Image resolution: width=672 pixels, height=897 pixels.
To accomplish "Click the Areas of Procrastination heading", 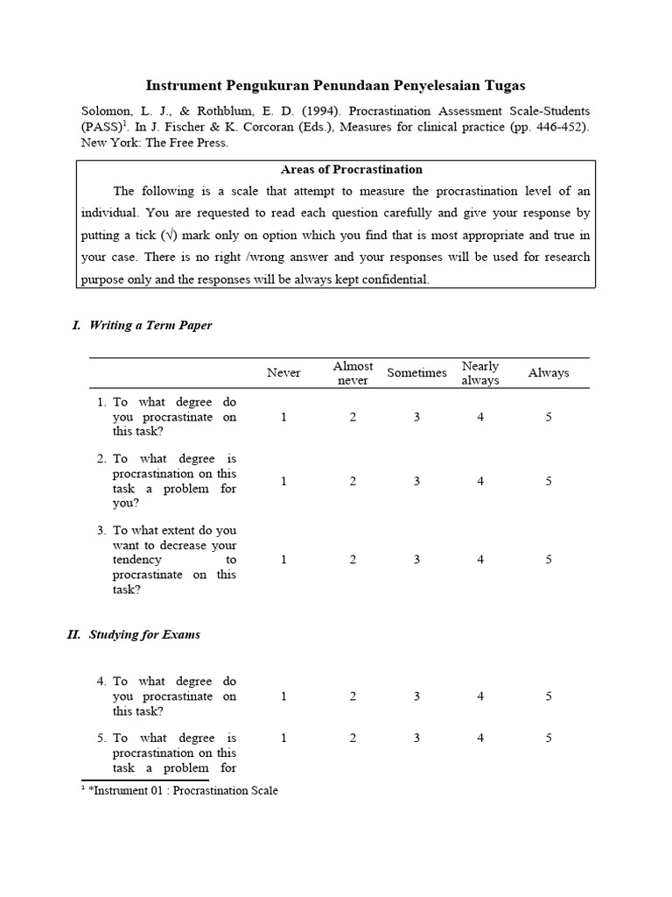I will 335,169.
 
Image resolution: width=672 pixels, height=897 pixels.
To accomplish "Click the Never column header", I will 283,373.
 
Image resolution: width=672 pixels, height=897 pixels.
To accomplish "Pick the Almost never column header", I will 353,373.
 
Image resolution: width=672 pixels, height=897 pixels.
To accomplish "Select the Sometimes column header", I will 416,373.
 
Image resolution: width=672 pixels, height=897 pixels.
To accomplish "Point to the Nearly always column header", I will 480,373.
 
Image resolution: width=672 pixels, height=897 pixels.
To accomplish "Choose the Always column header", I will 549,373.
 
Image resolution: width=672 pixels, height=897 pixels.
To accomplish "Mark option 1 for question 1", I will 283,417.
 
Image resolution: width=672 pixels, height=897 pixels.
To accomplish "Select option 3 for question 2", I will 416,481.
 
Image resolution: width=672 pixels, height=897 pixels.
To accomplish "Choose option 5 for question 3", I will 549,560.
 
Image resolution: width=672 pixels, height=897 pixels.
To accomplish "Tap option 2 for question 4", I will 353,696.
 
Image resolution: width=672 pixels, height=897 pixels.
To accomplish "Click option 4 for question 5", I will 480,738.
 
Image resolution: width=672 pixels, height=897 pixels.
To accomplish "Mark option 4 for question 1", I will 480,417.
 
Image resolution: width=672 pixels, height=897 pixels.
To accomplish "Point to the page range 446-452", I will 551,127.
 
